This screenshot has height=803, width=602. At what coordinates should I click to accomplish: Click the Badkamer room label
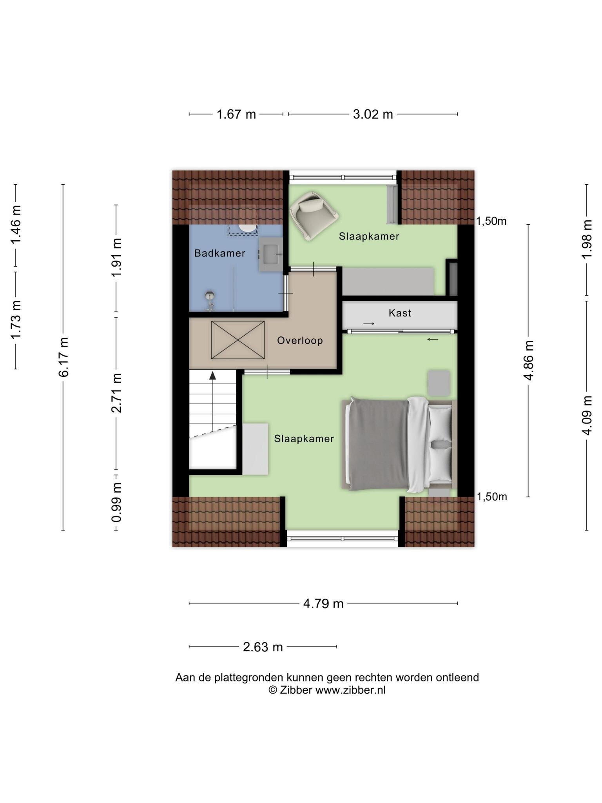[219, 253]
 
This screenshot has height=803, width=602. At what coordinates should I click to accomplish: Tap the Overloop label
[300, 340]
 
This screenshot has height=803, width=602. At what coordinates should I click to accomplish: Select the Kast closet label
[400, 313]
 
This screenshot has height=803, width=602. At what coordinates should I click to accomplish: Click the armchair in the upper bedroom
[314, 215]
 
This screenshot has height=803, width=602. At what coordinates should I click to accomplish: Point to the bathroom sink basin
[270, 254]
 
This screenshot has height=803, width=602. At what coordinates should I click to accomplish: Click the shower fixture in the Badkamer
[210, 300]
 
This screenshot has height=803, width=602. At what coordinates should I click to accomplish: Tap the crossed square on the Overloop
[238, 340]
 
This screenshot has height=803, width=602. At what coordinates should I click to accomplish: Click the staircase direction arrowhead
[212, 376]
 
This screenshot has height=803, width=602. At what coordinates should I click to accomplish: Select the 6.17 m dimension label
[63, 357]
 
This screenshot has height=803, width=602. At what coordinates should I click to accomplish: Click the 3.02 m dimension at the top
[373, 114]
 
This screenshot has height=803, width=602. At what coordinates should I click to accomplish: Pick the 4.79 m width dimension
[323, 603]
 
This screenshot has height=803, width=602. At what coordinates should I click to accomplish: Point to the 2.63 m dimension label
[263, 647]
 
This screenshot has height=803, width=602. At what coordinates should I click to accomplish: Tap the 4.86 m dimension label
[528, 360]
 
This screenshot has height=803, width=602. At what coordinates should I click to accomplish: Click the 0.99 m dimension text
[116, 502]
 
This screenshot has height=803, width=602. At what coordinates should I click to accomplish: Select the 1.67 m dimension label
[236, 114]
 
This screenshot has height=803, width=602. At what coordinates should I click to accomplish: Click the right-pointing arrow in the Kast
[369, 324]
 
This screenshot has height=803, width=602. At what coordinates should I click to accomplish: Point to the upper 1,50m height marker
[491, 222]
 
